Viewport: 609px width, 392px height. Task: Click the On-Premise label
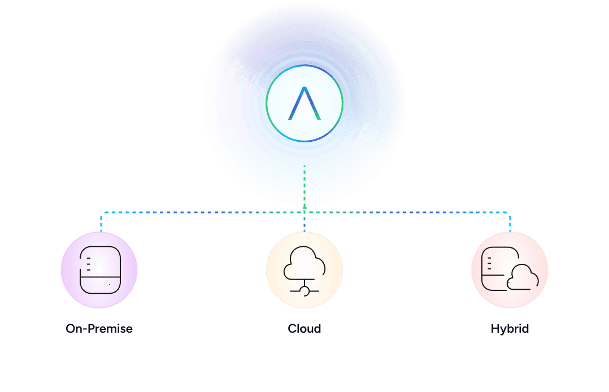click(99, 329)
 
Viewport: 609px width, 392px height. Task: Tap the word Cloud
click(304, 329)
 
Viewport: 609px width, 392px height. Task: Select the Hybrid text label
click(510, 329)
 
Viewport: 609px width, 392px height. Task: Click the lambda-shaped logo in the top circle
click(304, 103)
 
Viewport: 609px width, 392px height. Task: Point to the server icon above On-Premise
click(100, 269)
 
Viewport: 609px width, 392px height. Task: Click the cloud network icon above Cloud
click(304, 271)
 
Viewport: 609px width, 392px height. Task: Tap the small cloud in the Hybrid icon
click(523, 277)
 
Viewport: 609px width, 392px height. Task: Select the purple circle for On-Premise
click(99, 270)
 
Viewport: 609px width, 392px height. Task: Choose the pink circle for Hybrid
click(510, 270)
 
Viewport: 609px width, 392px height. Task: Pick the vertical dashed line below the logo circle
click(304, 189)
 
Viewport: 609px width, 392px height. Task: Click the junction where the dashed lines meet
click(304, 212)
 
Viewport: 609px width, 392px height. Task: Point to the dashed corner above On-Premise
click(101, 213)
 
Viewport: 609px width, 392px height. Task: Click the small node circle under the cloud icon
click(304, 291)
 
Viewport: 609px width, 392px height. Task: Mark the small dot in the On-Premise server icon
click(110, 285)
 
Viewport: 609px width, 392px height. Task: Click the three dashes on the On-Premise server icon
click(89, 264)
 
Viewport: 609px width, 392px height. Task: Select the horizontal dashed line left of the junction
click(203, 212)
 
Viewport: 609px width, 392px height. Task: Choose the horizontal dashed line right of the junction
click(407, 212)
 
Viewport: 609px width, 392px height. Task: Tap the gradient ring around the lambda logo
click(304, 65)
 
